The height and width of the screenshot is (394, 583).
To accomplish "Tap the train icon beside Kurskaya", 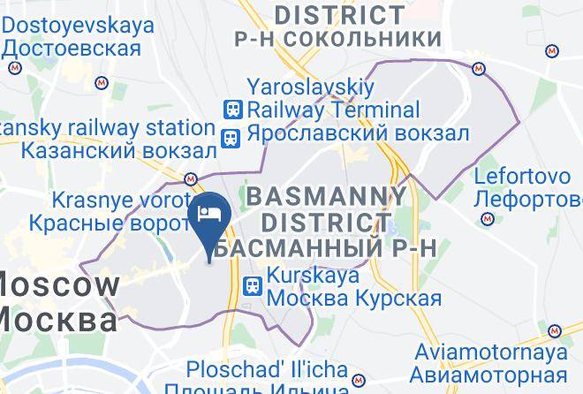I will tap(253, 286).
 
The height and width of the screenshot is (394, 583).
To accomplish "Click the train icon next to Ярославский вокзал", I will tap(231, 138).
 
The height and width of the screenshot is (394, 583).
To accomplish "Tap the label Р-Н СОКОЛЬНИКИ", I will tap(337, 39).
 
